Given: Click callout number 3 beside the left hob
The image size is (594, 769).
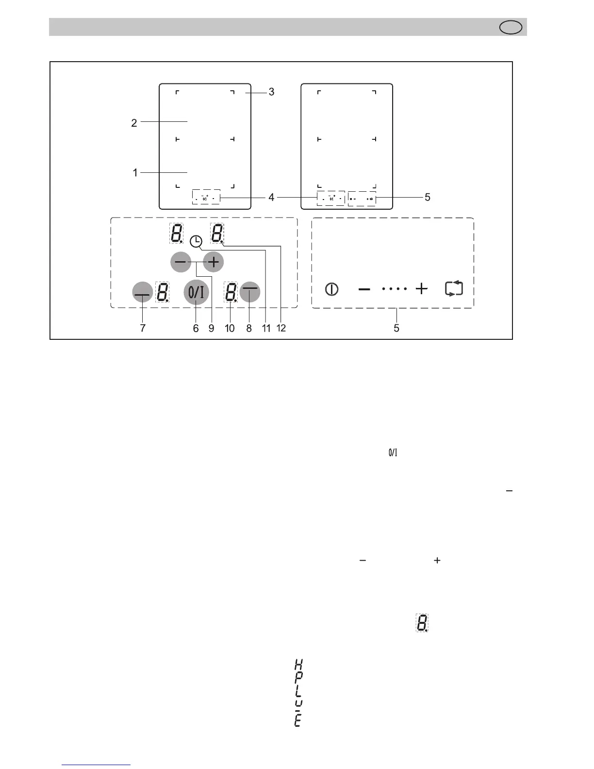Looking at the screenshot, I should click(x=271, y=92).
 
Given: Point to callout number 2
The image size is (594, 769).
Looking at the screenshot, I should click(x=134, y=123).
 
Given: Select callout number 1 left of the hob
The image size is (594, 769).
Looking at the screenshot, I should click(x=135, y=172).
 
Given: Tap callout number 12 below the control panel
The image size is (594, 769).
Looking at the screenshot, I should click(x=281, y=328).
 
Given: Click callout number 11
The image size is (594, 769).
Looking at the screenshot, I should click(x=266, y=328).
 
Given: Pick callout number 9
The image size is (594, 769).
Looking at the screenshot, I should click(x=211, y=328).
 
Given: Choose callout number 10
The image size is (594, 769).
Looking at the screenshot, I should click(x=230, y=328).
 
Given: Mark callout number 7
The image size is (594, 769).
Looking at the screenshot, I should click(x=143, y=328).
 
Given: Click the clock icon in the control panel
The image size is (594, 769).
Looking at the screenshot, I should click(x=196, y=241).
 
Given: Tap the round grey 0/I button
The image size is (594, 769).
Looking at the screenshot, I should click(x=196, y=293).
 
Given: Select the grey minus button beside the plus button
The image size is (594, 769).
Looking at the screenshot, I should click(x=181, y=262).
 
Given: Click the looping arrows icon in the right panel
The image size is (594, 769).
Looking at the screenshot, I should click(x=454, y=289).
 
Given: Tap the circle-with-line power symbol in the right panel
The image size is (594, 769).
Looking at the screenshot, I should click(x=331, y=289).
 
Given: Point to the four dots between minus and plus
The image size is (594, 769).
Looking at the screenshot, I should click(x=394, y=289).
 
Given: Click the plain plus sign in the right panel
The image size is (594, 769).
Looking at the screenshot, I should click(x=422, y=289).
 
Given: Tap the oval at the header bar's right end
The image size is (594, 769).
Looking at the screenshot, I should click(x=511, y=27).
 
